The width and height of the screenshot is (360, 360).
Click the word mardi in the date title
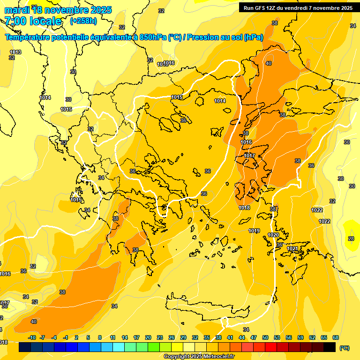coord(15,10)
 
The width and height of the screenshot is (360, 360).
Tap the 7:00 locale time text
coord(33,21)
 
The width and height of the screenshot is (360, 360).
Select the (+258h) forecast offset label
coord(83,21)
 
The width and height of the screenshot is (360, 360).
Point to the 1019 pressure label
coord(255,231)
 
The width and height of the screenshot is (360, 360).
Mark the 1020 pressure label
coord(273,235)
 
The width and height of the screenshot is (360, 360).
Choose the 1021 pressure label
coord(292,248)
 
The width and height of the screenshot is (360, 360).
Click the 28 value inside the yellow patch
coord(351,239)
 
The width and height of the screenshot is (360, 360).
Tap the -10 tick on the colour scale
coord(32,337)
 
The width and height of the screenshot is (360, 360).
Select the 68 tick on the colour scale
coord(336,337)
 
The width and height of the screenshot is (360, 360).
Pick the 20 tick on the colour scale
coord(148,337)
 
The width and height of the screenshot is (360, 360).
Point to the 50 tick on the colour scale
coord(265,337)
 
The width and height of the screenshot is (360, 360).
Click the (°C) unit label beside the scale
coord(345,348)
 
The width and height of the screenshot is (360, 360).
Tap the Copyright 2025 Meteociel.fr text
coord(199,357)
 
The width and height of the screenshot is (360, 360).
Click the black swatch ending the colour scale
coord(330,347)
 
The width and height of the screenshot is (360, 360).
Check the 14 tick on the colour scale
coord(125,337)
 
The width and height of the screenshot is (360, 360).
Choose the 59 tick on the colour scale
coord(300,337)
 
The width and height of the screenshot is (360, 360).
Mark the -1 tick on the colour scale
coord(66,337)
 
